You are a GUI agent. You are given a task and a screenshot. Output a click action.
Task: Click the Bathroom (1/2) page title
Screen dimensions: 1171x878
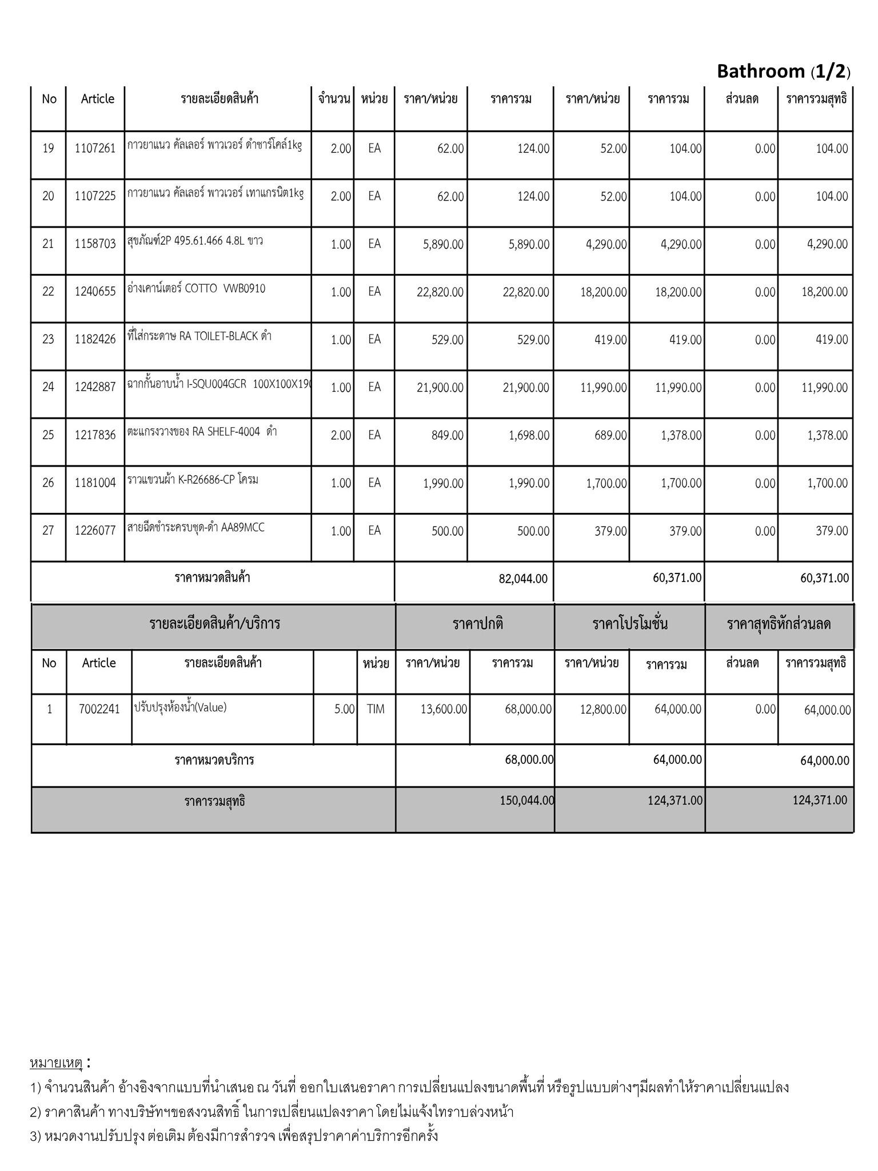coord(783,71)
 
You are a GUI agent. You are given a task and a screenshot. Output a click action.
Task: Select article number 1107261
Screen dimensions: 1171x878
coord(95,149)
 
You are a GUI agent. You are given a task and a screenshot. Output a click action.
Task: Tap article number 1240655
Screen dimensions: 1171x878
coord(95,292)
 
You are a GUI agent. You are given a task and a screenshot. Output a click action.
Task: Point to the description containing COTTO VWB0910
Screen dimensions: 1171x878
coord(197,289)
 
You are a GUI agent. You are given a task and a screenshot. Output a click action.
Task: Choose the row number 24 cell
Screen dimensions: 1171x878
coord(48,387)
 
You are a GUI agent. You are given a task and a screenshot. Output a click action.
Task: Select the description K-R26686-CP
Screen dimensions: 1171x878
coord(193,479)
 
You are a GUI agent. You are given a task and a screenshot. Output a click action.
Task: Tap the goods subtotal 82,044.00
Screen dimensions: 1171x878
coord(523,579)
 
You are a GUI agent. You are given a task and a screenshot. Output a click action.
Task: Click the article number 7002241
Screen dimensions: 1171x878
coord(99,709)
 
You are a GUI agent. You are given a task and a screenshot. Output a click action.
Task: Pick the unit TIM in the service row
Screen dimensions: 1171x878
coord(376,709)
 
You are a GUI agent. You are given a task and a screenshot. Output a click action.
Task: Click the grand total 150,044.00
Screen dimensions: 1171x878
coord(526,800)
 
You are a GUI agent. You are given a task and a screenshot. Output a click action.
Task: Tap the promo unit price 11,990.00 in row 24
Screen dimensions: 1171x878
coord(604,388)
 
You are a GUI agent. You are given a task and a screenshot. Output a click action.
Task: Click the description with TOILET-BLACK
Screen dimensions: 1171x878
coord(199,336)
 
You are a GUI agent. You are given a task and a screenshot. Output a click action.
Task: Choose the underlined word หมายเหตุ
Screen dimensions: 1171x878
coord(55,1063)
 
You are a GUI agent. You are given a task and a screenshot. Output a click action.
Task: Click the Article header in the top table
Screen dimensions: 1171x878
coord(97,99)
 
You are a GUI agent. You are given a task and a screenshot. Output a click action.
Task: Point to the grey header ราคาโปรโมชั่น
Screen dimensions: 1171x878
coord(630,623)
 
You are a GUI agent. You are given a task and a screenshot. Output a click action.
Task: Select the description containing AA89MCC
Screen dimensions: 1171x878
coord(196,527)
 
